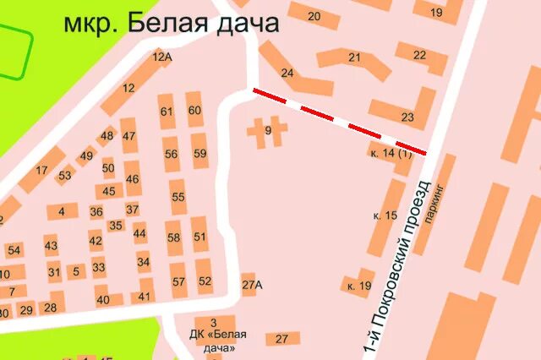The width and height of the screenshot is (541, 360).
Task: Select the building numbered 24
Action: point(288,73)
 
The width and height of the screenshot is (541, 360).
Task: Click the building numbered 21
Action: point(355,57)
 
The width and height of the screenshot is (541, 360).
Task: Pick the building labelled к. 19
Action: point(358,285)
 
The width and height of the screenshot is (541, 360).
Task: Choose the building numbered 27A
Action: point(252,285)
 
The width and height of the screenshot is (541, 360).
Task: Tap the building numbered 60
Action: point(195,110)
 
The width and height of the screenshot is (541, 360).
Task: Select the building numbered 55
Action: point(178,197)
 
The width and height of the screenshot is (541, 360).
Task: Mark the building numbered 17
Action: point(41,170)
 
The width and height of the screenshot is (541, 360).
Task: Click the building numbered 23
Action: point(407,117)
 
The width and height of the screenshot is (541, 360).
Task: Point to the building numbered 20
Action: point(314,15)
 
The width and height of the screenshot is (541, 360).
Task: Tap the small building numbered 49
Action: point(86,156)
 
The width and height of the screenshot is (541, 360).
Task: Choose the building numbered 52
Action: point(205,281)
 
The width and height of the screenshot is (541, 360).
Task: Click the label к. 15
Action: point(385,215)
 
